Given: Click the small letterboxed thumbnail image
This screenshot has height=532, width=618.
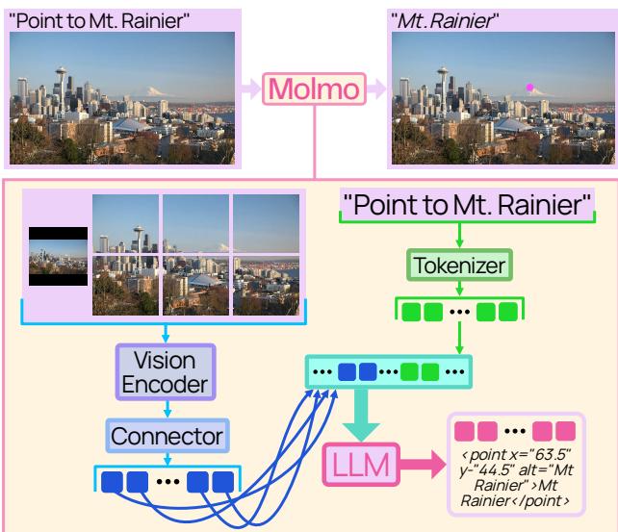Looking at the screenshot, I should click(58, 257).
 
